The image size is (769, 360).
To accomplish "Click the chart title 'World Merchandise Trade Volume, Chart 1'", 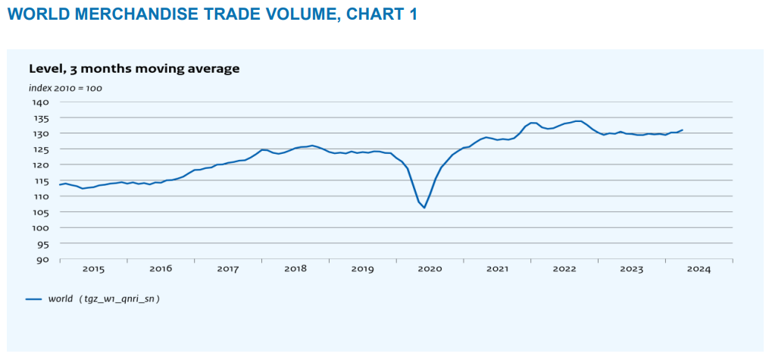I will point(212,14).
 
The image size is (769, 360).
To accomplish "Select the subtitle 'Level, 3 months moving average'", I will point(134,69).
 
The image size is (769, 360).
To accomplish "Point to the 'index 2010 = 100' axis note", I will point(65,88).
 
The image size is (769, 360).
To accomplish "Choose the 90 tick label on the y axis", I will point(42,260).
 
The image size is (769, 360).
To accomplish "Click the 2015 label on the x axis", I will point(93,269).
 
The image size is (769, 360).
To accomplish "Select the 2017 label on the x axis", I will point(228,269).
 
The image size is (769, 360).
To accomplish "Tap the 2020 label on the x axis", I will point(430,269).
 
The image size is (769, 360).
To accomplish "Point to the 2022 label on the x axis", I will point(564,269).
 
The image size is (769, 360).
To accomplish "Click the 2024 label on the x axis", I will point(699,269).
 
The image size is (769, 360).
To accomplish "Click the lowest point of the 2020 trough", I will point(424,208).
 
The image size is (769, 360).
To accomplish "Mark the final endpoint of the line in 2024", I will point(682,130).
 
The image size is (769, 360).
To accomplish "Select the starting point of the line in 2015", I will point(60,184).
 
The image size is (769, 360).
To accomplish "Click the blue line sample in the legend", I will point(33,299).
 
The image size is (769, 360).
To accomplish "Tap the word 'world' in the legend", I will point(60,299).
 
